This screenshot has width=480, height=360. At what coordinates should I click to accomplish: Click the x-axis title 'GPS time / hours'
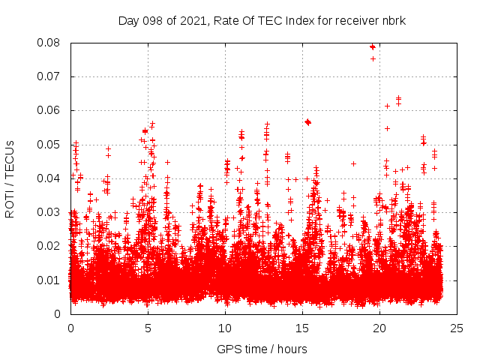[262, 349]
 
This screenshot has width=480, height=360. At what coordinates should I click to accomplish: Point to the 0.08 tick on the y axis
[49, 43]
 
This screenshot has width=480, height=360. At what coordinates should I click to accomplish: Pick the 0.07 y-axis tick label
[49, 76]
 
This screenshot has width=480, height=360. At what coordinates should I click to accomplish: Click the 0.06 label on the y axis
[49, 110]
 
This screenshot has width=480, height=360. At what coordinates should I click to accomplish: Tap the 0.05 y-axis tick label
[49, 145]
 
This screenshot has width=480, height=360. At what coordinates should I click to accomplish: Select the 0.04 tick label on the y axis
[49, 178]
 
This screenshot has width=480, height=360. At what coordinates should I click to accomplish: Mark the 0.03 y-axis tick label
[49, 212]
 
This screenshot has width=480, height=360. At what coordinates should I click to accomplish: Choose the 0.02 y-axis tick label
[49, 246]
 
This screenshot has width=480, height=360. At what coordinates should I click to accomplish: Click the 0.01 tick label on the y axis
[49, 280]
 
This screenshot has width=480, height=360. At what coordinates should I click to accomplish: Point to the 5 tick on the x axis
[148, 328]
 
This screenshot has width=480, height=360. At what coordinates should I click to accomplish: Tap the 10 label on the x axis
[225, 328]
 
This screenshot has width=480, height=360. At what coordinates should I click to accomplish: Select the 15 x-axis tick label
[302, 328]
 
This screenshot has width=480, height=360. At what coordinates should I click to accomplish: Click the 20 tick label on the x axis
[379, 328]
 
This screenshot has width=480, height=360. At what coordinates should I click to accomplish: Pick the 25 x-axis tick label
[457, 328]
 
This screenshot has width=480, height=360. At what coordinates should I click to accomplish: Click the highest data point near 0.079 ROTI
[372, 46]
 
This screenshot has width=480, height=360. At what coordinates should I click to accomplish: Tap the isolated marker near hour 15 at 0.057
[307, 121]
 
